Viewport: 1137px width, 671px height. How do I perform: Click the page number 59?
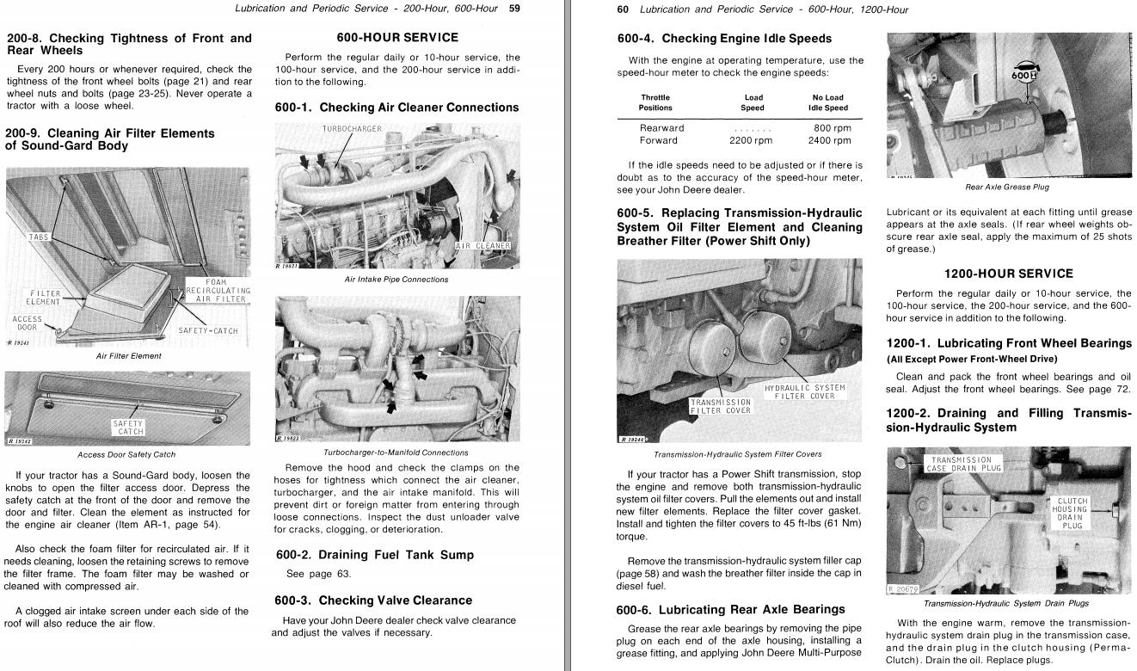click(514, 9)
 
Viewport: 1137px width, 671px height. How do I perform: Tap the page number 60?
click(624, 9)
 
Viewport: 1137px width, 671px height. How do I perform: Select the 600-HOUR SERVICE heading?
click(396, 38)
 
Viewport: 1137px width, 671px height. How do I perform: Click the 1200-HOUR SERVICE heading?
click(1009, 274)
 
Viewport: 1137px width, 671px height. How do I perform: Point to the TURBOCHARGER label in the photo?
click(352, 129)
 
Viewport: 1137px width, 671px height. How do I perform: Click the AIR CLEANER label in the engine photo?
click(482, 245)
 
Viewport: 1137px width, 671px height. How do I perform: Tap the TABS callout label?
click(40, 237)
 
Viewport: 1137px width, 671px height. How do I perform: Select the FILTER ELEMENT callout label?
click(43, 298)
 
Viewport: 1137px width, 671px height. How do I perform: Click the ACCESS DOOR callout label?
click(28, 324)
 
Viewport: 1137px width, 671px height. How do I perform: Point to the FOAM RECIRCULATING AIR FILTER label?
click(218, 291)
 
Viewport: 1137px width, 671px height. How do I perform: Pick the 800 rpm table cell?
click(832, 128)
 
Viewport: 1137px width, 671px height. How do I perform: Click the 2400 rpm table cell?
click(829, 140)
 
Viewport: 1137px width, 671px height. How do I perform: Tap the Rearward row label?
click(661, 128)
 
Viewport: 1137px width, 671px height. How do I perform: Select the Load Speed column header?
click(753, 102)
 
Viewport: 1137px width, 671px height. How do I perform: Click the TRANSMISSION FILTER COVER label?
click(721, 405)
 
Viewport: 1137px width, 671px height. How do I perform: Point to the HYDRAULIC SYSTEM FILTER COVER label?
click(805, 391)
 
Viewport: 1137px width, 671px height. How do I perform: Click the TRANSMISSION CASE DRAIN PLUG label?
click(963, 465)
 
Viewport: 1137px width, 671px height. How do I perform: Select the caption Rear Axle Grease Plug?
click(1008, 187)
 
